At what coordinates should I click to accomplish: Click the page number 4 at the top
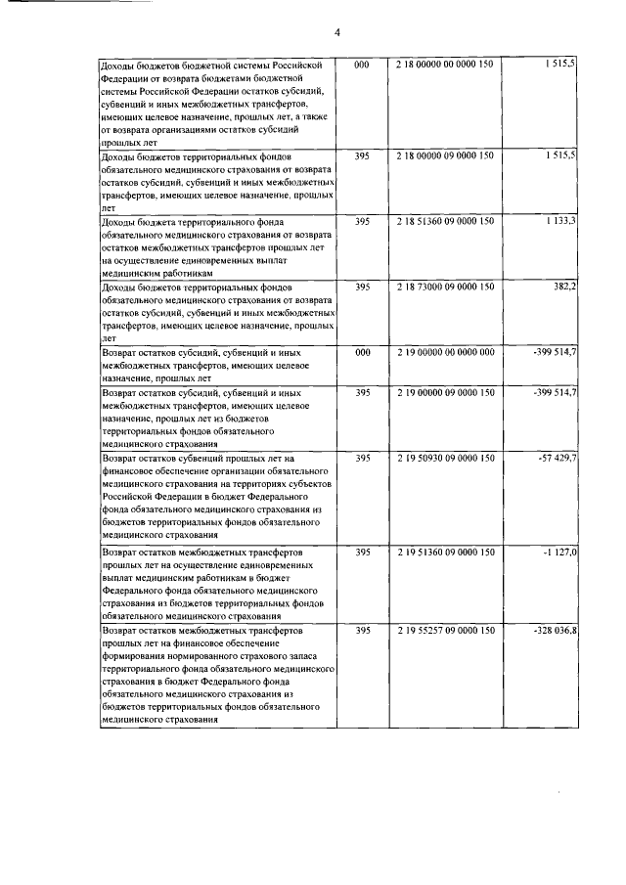(x=336, y=32)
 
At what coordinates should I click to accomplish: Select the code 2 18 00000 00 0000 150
(x=446, y=64)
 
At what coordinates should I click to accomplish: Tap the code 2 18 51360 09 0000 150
(x=446, y=222)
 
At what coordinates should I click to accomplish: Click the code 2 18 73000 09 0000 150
(x=446, y=288)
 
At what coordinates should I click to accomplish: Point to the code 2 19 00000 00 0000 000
(x=446, y=351)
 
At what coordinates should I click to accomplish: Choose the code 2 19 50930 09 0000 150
(x=446, y=458)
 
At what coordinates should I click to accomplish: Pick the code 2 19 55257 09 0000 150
(x=446, y=632)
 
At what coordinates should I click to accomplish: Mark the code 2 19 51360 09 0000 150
(x=446, y=553)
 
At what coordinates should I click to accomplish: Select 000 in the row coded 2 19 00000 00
(x=362, y=351)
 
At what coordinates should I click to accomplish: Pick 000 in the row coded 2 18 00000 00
(x=362, y=64)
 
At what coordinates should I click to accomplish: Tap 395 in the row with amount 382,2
(x=362, y=288)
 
